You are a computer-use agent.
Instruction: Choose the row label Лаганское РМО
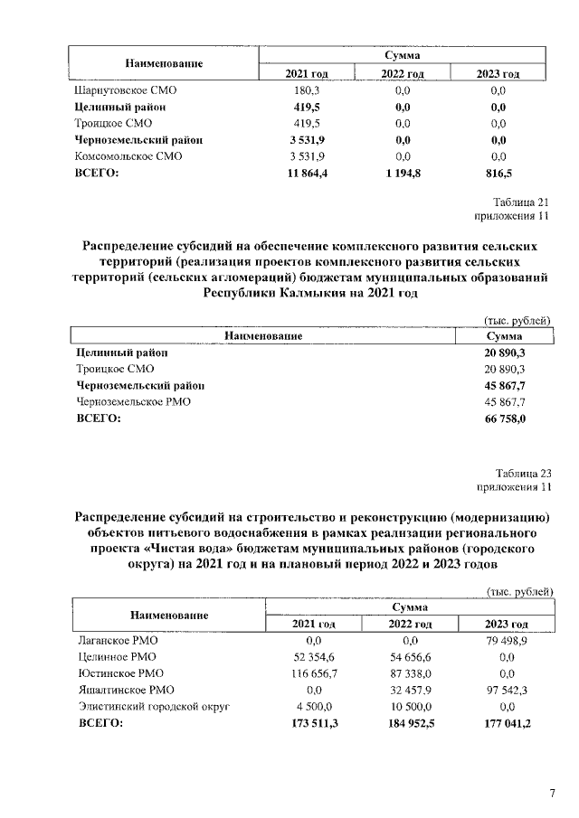coord(119,641)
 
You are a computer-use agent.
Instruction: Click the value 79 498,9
coord(506,641)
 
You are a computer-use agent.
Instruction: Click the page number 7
coord(552,794)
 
